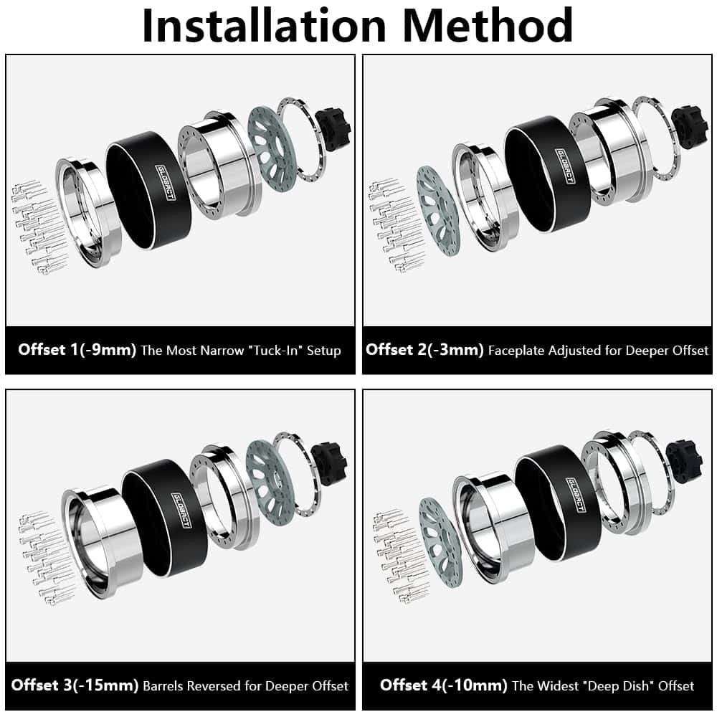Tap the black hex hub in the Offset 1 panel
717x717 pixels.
334,125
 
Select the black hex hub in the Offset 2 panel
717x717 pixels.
691,127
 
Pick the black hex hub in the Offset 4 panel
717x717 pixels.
684,460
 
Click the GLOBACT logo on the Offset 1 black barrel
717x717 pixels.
165,182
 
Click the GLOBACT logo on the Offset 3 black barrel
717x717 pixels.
181,510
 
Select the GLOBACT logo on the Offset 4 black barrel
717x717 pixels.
576,495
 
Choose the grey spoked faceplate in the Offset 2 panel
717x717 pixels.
438,210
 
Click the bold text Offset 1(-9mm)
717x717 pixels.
77,350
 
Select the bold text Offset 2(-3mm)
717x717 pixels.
424,350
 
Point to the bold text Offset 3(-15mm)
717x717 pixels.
75,685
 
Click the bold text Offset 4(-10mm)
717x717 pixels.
444,685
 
